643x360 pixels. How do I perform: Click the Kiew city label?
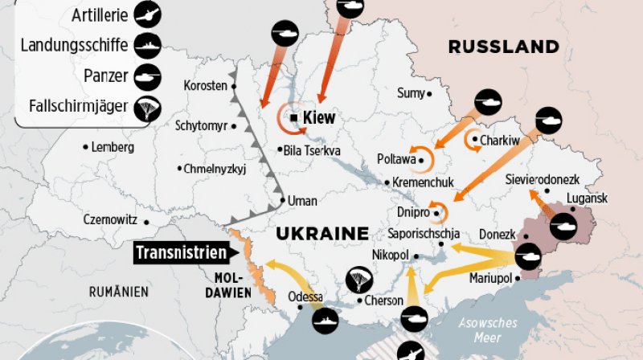pos(319,118)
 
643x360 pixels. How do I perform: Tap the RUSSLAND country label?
pos(503,46)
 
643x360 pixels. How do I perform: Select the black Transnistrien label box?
pos(181,253)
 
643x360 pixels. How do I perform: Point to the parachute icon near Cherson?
pos(358,280)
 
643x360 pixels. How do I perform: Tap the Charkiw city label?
pos(500,141)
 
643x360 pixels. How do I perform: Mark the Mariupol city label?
pos(491,278)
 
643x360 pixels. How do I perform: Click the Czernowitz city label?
pos(110,219)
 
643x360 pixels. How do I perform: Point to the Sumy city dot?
pos(429,94)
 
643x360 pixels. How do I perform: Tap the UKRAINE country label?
pos(321,233)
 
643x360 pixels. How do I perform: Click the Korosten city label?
pos(206,85)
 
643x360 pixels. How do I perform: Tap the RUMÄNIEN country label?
pos(119,291)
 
